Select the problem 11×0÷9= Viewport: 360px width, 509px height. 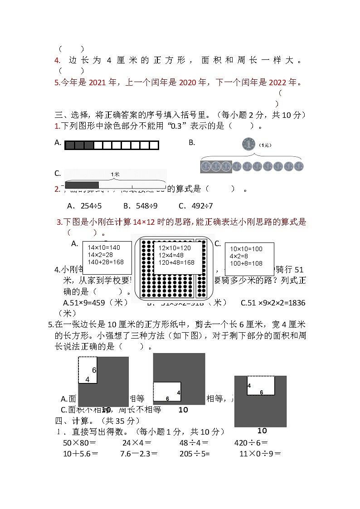(260, 453)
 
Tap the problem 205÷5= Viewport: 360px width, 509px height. (195, 453)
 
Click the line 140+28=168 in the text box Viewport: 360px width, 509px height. (106, 262)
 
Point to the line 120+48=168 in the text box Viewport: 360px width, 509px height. (176, 262)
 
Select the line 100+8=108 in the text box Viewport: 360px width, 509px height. (246, 263)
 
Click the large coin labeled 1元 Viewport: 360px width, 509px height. (249, 145)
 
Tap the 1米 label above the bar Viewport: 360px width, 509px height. (115, 174)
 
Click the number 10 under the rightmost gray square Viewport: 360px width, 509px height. (262, 431)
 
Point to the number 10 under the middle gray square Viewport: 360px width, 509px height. (183, 410)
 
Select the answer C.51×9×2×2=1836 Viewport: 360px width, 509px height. (272, 303)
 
